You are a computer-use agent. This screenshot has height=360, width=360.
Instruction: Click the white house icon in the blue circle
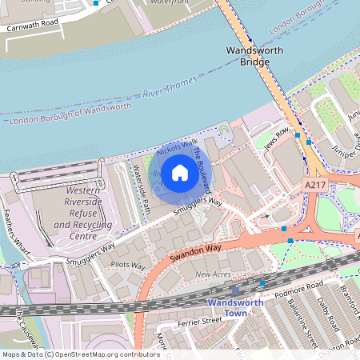(x=180, y=172)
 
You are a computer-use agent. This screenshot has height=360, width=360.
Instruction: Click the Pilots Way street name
(x=128, y=265)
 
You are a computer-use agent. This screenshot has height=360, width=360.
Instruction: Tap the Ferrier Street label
(x=199, y=320)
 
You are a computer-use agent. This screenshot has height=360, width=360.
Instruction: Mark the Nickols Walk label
(x=177, y=148)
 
